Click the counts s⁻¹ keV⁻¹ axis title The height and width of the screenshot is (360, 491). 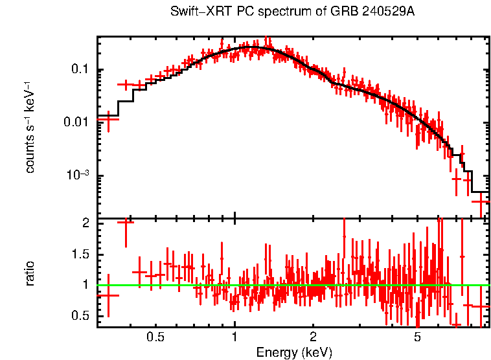pyautogui.click(x=30, y=126)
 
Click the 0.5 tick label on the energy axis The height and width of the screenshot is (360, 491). pyautogui.click(x=155, y=337)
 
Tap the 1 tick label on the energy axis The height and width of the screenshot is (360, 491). pyautogui.click(x=234, y=337)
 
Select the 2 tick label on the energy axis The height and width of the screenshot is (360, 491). pyautogui.click(x=313, y=337)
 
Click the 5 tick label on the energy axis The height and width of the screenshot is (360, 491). pyautogui.click(x=417, y=337)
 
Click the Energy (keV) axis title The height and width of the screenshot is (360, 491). pyautogui.click(x=293, y=352)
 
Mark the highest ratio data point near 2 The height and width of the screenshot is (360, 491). pyautogui.click(x=126, y=222)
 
